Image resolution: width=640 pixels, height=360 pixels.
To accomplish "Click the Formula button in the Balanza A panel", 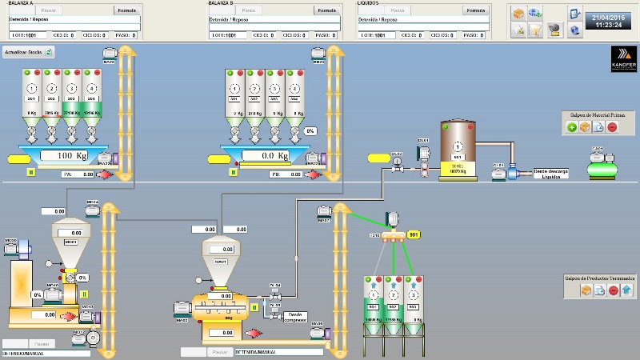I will tap(127, 10).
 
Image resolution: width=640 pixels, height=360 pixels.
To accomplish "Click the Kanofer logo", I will tap(622, 60).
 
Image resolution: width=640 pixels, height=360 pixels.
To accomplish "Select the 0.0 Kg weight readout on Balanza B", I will tap(267, 155).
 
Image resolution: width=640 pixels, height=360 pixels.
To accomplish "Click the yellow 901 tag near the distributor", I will tap(414, 234).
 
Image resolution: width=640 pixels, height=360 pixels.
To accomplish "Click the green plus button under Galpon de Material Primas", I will tap(572, 127).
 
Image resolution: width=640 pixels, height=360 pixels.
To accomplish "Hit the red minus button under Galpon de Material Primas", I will tap(612, 127).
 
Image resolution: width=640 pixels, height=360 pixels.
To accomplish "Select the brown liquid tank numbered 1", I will tap(458, 149).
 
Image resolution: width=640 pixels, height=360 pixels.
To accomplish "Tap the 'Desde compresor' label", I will tap(297, 317).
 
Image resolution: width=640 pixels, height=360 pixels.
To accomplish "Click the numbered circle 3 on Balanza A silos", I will tap(73, 88).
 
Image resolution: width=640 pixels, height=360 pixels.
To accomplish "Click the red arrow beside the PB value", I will tap(314, 174).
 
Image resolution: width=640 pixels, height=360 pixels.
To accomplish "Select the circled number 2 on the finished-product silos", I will tap(394, 295).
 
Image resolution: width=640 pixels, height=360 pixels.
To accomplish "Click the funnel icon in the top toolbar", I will tap(536, 30).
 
